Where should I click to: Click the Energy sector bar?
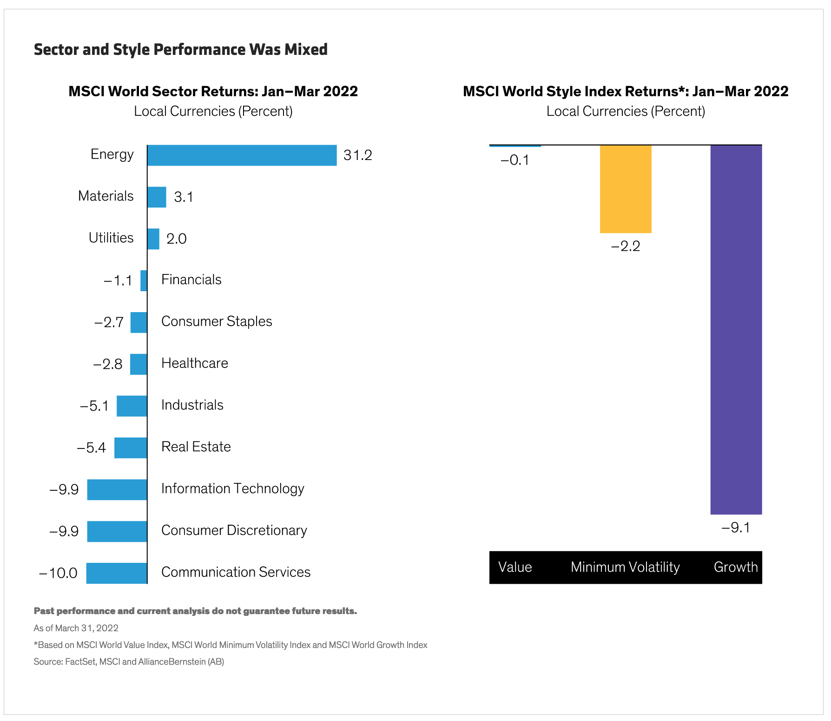coord(242,155)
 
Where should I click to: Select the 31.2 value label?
coord(357,155)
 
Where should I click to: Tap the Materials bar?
coord(157,197)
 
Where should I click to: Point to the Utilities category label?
coord(111,238)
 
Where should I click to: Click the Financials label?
coord(191,280)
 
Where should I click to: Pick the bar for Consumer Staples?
coord(138,322)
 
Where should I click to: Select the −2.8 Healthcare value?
coord(108,364)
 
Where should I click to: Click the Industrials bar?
coord(132,406)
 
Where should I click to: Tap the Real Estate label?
coord(196,447)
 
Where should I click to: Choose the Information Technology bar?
coord(117,490)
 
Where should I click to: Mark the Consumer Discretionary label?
coord(234,530)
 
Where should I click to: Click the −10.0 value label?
coord(58,573)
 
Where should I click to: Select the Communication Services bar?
coord(117,573)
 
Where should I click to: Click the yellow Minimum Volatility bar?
coord(626,189)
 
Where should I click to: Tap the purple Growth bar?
coord(736,329)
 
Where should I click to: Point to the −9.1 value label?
coord(735,528)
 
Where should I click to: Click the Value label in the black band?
coord(515,567)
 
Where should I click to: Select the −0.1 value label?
coord(514,160)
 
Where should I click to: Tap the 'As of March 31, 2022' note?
coord(76,628)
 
